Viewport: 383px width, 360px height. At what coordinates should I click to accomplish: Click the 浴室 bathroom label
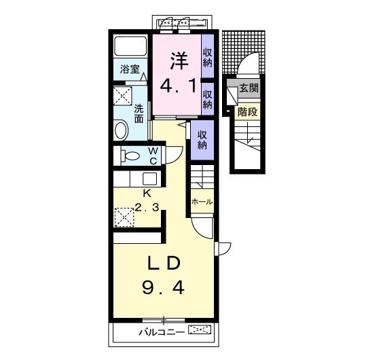(x=130, y=69)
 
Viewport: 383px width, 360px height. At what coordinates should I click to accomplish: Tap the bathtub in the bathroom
(x=130, y=46)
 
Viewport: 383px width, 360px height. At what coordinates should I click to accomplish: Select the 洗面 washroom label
(x=139, y=113)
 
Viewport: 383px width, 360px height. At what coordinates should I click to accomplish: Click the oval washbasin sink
(x=122, y=130)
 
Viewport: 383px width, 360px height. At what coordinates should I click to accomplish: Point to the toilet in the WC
(x=130, y=156)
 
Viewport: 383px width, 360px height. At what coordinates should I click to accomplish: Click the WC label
(x=153, y=156)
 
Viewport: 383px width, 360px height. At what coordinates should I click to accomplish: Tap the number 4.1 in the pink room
(x=179, y=86)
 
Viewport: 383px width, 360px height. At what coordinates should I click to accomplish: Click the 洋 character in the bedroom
(x=179, y=60)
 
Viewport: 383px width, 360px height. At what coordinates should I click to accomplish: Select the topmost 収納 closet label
(x=207, y=58)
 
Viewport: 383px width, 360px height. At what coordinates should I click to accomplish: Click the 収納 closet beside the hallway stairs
(x=202, y=140)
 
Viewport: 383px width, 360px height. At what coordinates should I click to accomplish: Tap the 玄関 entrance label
(x=249, y=88)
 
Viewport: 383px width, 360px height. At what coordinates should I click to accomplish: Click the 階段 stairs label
(x=248, y=112)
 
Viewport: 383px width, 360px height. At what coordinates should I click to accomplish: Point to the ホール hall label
(x=202, y=202)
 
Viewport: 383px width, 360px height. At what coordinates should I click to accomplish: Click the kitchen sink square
(x=149, y=179)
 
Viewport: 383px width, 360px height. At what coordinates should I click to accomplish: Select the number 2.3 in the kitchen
(x=147, y=207)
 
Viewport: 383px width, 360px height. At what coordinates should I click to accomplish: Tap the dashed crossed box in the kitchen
(x=124, y=217)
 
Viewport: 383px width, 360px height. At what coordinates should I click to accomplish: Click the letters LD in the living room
(x=164, y=264)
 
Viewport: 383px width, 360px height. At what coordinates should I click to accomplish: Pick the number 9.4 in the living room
(x=163, y=287)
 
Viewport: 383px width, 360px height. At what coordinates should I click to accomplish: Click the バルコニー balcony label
(x=162, y=332)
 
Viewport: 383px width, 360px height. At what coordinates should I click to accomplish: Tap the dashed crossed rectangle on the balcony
(x=200, y=329)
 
